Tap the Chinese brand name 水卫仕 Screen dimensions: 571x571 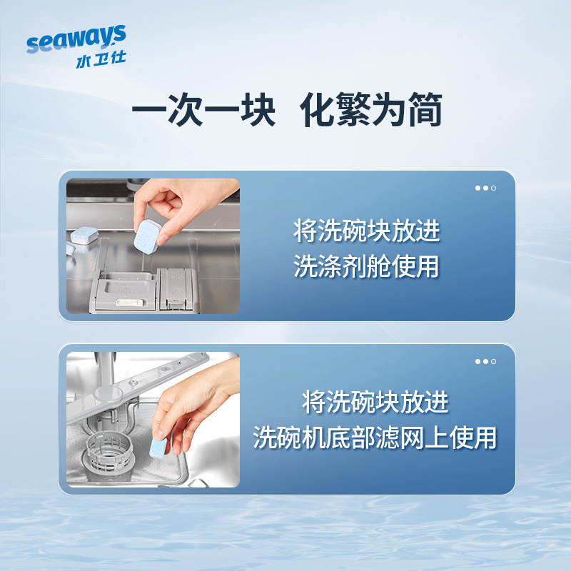tap(100, 60)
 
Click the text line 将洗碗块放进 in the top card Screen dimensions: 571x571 tap(367, 231)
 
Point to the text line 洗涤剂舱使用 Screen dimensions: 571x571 tap(367, 266)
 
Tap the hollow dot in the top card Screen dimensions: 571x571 tap(493, 188)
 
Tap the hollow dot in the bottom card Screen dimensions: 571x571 tap(493, 361)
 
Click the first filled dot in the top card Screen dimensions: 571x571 tap(477, 188)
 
